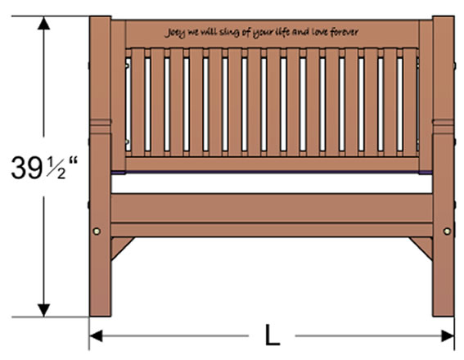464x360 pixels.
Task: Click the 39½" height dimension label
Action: pyautogui.click(x=44, y=168)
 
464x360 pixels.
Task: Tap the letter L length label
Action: pyautogui.click(x=272, y=335)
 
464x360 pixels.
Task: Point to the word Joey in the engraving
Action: pyautogui.click(x=175, y=33)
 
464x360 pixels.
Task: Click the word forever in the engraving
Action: pyautogui.click(x=345, y=32)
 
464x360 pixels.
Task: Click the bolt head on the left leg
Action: pyautogui.click(x=97, y=231)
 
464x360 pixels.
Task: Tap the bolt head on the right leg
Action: pyautogui.click(x=447, y=231)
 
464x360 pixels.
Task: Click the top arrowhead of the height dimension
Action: pyautogui.click(x=44, y=23)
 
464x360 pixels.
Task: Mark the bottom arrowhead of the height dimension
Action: pyautogui.click(x=44, y=310)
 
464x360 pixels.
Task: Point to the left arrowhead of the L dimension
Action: pyautogui.click(x=96, y=335)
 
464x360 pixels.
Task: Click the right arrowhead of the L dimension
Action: pyautogui.click(x=448, y=335)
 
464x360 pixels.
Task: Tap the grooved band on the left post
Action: pyautogui.click(x=101, y=126)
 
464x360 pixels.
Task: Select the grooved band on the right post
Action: pyautogui.click(x=444, y=126)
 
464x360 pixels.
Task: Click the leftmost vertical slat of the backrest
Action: pyautogui.click(x=138, y=102)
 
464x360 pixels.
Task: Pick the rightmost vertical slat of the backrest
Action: pyautogui.click(x=409, y=102)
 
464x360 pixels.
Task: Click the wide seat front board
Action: pyautogui.click(x=272, y=208)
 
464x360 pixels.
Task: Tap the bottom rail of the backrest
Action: pyautogui.click(x=272, y=164)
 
